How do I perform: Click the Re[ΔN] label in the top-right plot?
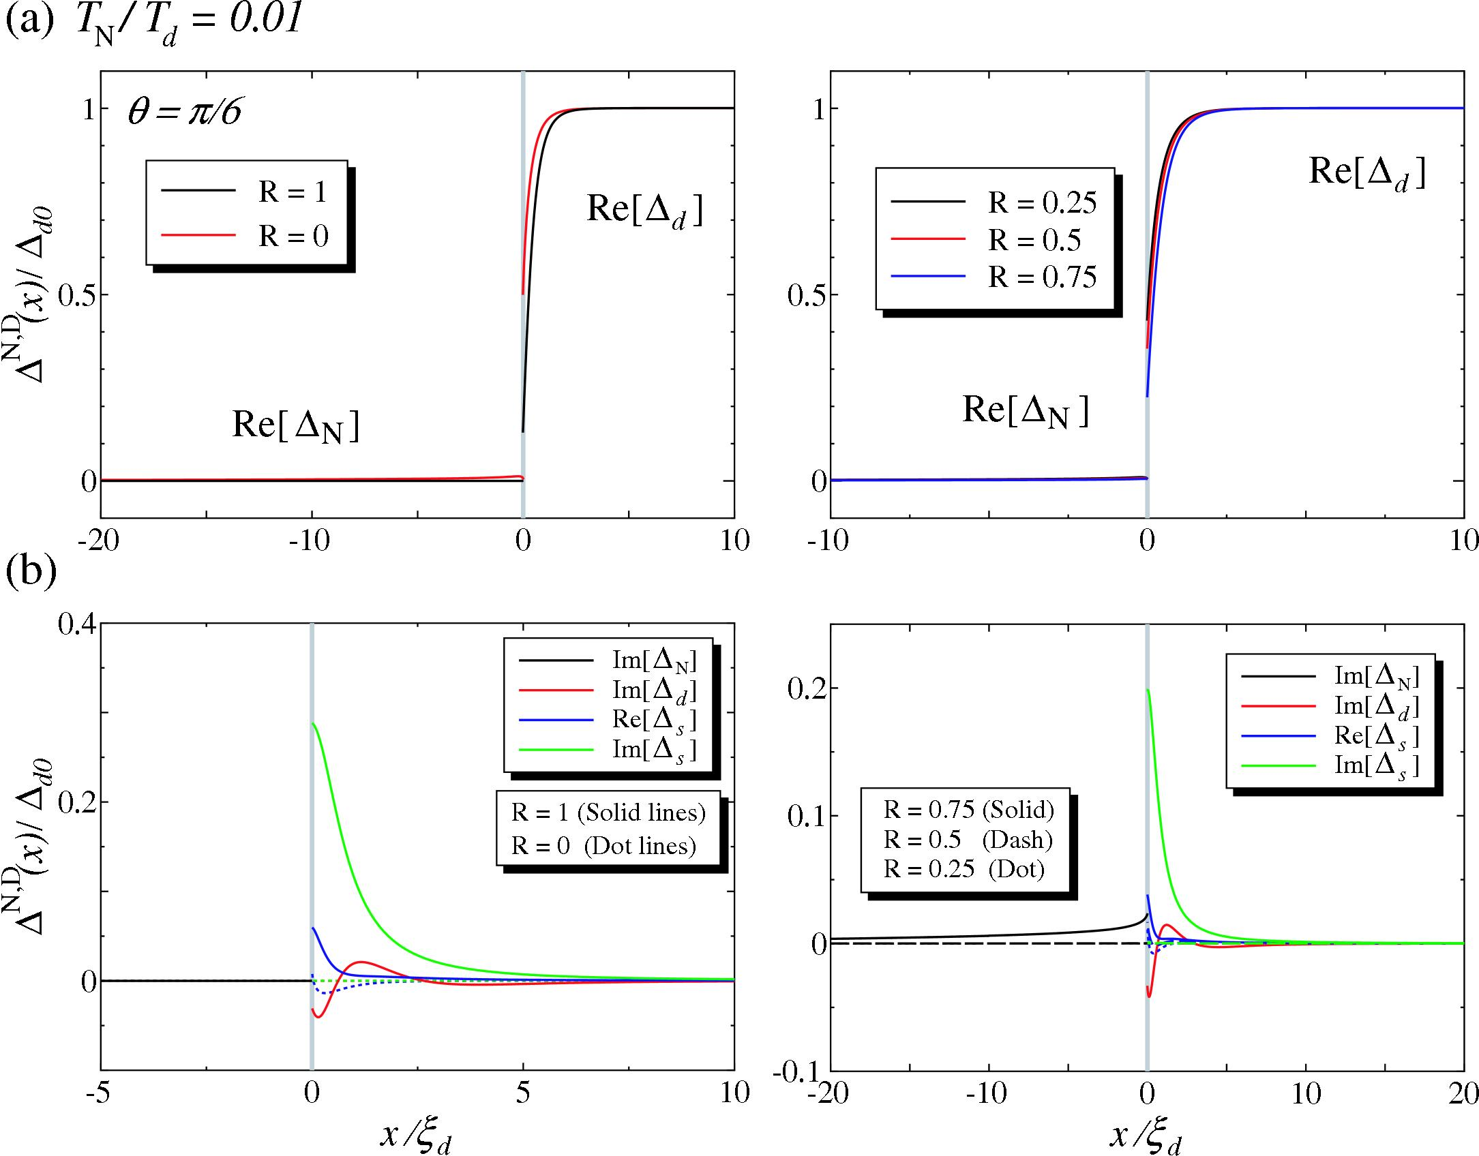pos(1025,410)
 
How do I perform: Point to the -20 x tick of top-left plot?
pos(100,541)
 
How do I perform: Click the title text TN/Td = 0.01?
pos(188,24)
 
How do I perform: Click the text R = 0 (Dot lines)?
pos(603,846)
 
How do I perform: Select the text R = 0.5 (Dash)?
pos(968,840)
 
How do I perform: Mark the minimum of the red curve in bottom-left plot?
pos(318,1018)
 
